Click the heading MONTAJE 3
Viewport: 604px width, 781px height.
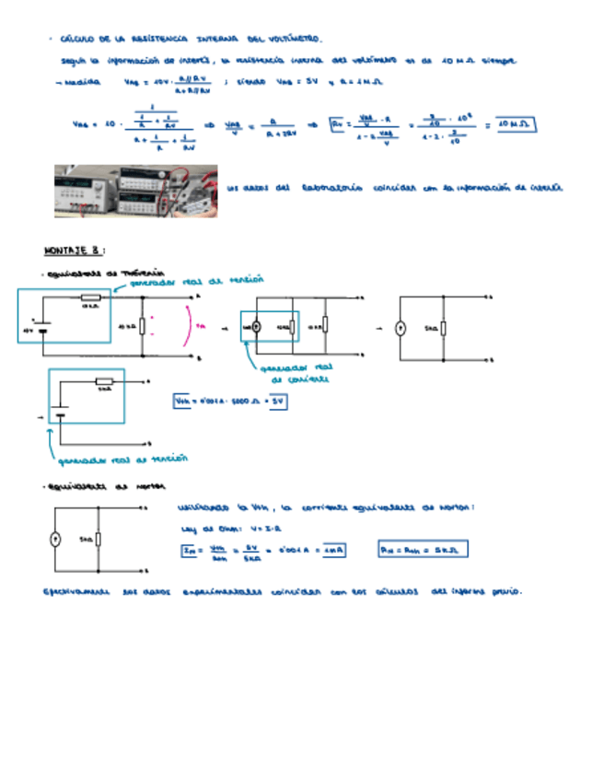click(x=75, y=249)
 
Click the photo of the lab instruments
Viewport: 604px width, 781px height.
click(x=135, y=191)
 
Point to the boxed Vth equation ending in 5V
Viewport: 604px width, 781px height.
click(x=230, y=402)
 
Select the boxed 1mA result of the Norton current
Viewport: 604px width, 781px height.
click(x=332, y=551)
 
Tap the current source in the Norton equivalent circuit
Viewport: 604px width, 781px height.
click(x=54, y=540)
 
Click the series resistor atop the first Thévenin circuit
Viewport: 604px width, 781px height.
click(x=89, y=297)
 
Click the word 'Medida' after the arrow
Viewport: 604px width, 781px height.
click(x=83, y=83)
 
